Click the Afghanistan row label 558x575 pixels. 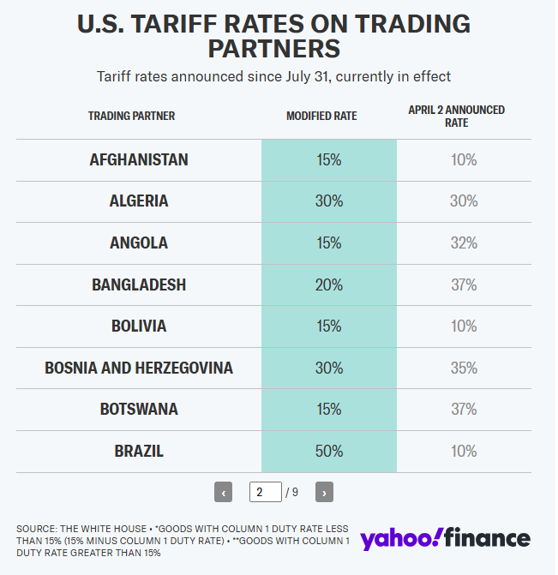(139, 160)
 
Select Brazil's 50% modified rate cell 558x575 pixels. (329, 451)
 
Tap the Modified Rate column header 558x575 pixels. (321, 116)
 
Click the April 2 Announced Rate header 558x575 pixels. (456, 116)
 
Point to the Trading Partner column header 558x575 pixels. (131, 116)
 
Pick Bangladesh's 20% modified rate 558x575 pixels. (329, 285)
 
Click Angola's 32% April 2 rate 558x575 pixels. (465, 243)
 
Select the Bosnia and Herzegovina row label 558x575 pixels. (139, 368)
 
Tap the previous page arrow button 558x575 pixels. (224, 493)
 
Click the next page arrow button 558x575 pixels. (324, 493)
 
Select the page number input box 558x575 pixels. (266, 492)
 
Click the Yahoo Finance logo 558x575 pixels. (445, 538)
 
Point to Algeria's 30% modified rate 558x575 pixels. (329, 201)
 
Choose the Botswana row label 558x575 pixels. (139, 410)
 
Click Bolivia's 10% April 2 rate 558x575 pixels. (465, 326)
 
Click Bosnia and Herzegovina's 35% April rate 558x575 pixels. (465, 368)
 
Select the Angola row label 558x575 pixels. (139, 243)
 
